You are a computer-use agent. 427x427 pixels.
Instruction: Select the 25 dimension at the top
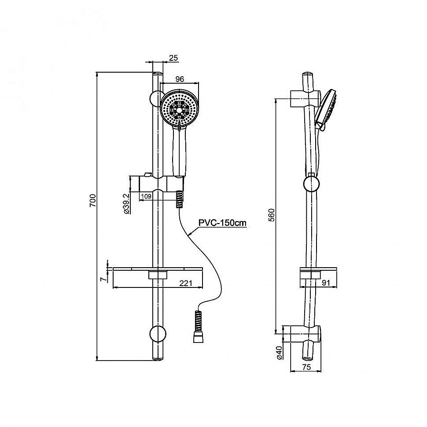(173, 58)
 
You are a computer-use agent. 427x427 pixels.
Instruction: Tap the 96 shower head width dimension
(180, 79)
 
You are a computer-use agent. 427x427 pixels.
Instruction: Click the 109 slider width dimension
(146, 196)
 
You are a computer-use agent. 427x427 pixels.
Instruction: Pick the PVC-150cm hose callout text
(222, 223)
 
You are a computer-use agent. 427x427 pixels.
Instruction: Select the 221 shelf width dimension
(186, 283)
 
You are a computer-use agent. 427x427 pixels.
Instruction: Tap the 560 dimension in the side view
(272, 215)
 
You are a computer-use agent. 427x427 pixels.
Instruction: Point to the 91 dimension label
(326, 283)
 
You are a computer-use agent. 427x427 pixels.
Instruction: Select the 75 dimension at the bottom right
(306, 367)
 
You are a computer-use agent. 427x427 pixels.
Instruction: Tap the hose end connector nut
(198, 339)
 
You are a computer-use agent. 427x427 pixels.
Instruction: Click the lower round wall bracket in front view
(158, 333)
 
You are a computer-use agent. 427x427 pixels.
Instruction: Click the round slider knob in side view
(311, 184)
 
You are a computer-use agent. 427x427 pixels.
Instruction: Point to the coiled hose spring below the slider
(179, 199)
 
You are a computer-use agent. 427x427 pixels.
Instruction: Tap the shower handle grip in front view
(179, 152)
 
